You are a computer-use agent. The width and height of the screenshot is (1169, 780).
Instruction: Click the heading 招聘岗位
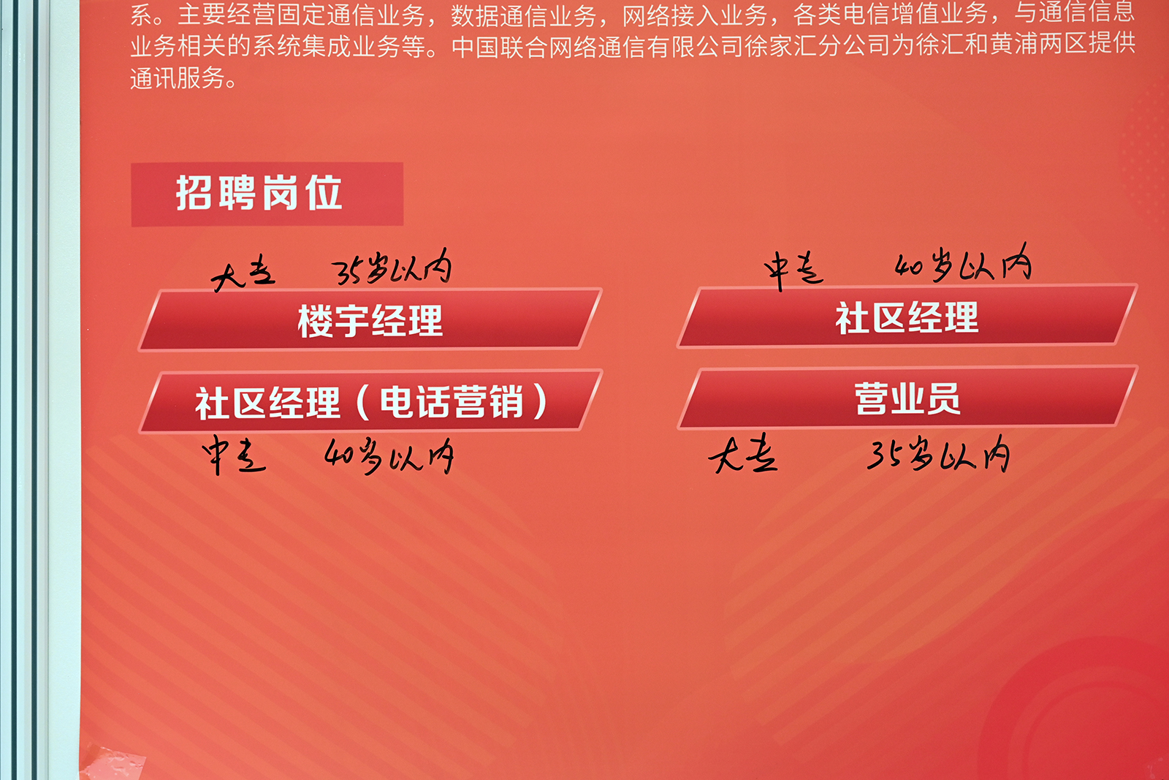coord(259,193)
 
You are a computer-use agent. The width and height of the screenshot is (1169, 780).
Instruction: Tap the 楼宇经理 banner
coord(370,319)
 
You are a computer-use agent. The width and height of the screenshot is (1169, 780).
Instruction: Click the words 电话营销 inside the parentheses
coord(452,402)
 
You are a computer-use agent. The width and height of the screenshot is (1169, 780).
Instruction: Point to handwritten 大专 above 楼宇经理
coord(243,273)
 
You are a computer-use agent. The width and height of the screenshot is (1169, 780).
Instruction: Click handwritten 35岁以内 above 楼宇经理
coord(392,267)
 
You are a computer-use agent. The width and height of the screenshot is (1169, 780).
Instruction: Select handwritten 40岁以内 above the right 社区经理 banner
coord(964,263)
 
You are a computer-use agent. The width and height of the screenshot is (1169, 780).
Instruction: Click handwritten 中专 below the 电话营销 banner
coord(235,455)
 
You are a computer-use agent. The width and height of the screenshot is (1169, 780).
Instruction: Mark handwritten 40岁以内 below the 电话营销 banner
coord(389,455)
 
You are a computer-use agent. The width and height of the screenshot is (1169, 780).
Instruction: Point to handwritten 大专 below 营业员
coord(743,453)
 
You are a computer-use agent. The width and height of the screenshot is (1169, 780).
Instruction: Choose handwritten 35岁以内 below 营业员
coord(938,453)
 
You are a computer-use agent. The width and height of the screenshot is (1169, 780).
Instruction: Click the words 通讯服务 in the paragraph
coord(178,79)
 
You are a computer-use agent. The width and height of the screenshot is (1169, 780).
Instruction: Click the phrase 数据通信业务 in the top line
coord(523,15)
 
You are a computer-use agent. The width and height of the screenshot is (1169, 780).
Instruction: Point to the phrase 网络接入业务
coord(695,15)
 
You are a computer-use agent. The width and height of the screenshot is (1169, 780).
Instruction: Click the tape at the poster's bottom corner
coord(113,763)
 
